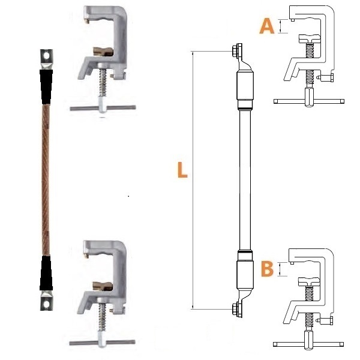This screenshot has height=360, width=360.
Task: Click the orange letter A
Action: click(x=267, y=26)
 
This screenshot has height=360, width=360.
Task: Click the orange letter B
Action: click(x=267, y=269)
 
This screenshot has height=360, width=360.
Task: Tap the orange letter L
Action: click(x=182, y=170)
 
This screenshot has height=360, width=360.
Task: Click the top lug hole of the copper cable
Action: click(x=47, y=56)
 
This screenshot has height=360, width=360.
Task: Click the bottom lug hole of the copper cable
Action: click(x=46, y=304)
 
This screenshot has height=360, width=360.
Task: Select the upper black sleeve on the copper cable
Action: click(x=46, y=86)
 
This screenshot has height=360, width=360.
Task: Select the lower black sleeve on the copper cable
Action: click(x=46, y=274)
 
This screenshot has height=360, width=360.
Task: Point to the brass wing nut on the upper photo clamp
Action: click(x=103, y=52)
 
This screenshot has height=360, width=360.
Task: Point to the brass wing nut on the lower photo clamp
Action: click(x=103, y=286)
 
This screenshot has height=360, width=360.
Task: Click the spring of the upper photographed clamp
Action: click(x=103, y=83)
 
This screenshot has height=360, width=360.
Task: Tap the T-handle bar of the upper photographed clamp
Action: click(x=103, y=107)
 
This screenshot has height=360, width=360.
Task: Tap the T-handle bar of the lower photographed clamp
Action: click(x=102, y=343)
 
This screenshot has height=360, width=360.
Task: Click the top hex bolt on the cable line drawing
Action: click(x=235, y=50)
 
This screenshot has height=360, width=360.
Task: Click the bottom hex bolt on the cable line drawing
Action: click(x=235, y=307)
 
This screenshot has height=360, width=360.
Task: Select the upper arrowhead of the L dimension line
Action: click(x=193, y=53)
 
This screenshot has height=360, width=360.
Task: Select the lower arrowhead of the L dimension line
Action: click(x=193, y=307)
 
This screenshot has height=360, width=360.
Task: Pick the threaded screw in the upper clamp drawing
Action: click(x=310, y=65)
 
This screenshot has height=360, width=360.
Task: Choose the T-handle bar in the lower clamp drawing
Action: click(x=308, y=344)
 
